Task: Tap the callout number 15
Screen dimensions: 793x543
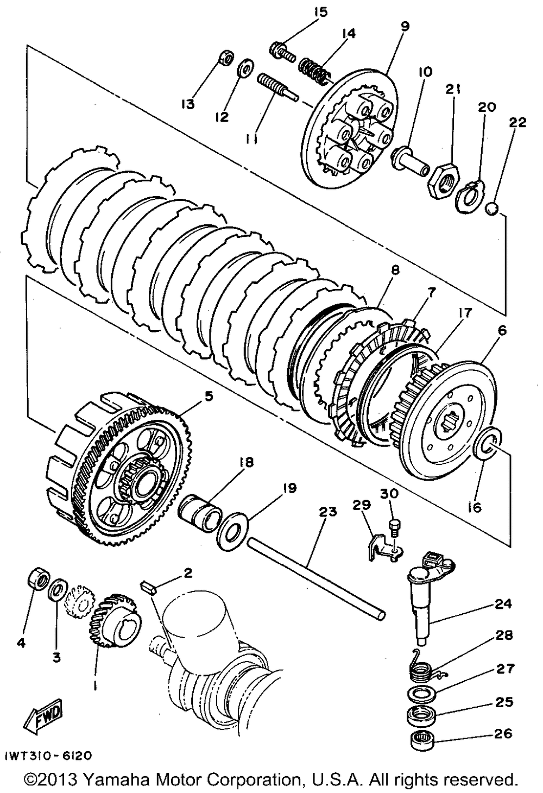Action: click(321, 12)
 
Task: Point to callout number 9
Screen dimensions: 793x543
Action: click(405, 26)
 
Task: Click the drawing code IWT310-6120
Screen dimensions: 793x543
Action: click(48, 756)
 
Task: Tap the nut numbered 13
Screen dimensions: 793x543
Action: click(226, 58)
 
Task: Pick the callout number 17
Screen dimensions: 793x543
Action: click(465, 313)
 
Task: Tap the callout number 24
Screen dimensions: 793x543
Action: click(503, 604)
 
